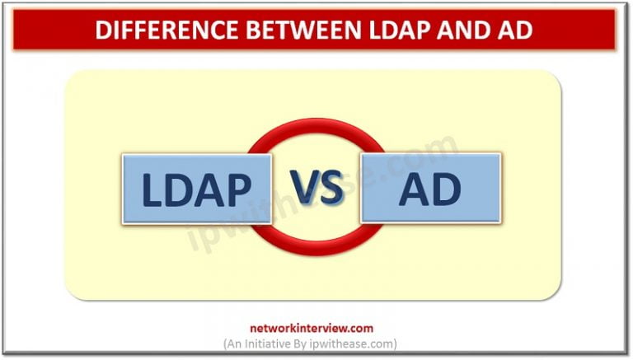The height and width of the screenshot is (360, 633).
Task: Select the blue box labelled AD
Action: pyautogui.click(x=430, y=187)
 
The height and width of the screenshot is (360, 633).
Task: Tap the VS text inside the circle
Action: pyautogui.click(x=316, y=186)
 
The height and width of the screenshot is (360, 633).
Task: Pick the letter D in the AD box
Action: pyautogui.click(x=445, y=189)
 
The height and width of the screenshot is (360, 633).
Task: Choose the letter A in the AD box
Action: pyautogui.click(x=415, y=189)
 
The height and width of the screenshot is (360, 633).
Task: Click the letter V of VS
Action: pyautogui.click(x=302, y=186)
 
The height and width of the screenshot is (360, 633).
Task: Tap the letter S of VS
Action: pyautogui.click(x=331, y=186)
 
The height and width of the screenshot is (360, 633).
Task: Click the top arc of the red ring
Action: pyautogui.click(x=316, y=124)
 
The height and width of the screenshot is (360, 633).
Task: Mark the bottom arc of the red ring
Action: pyautogui.click(x=316, y=250)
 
